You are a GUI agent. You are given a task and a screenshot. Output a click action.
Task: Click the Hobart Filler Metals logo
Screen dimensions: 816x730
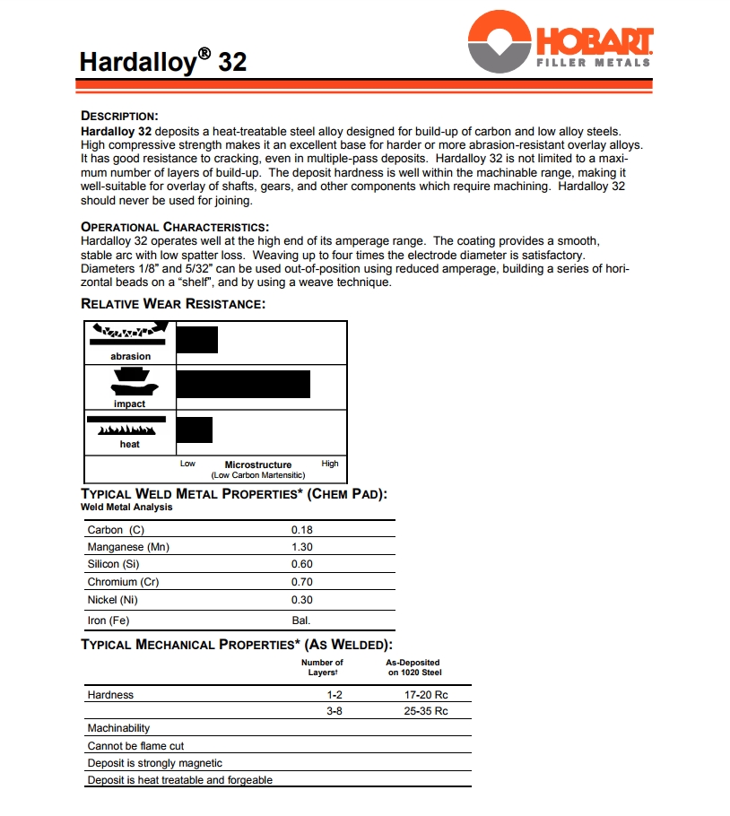click(561, 42)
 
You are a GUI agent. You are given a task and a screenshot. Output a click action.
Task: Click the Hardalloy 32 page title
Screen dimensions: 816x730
click(162, 61)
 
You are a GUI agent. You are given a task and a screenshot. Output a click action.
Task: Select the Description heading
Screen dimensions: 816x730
click(119, 116)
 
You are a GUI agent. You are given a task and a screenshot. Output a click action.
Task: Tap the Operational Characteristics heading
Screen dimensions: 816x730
click(175, 227)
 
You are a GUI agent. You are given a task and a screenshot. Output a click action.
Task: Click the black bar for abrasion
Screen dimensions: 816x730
click(197, 341)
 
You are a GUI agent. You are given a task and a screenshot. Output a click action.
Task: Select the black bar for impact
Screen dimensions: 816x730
click(243, 383)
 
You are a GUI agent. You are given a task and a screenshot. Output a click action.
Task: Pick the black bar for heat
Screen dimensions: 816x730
click(195, 430)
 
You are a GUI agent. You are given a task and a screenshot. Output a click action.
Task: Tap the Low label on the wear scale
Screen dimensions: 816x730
click(187, 464)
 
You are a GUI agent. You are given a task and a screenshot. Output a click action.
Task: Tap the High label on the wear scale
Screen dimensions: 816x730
click(330, 464)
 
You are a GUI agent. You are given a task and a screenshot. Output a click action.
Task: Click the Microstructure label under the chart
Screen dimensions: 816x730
click(258, 464)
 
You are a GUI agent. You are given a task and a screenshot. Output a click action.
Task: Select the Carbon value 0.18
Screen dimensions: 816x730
click(301, 530)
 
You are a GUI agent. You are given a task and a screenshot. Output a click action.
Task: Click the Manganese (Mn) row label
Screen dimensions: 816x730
click(128, 547)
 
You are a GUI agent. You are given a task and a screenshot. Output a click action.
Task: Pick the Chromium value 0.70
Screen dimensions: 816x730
click(301, 582)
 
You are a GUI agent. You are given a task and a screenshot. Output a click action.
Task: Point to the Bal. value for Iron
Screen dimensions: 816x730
click(301, 621)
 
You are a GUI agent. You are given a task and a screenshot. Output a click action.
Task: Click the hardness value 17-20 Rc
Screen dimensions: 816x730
click(426, 694)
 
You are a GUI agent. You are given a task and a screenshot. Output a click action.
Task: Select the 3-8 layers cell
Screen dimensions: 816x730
click(335, 711)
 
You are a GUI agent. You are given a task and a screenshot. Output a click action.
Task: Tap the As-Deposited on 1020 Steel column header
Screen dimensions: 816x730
click(413, 667)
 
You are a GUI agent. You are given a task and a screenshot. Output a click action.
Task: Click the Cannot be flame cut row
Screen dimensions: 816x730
click(135, 745)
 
